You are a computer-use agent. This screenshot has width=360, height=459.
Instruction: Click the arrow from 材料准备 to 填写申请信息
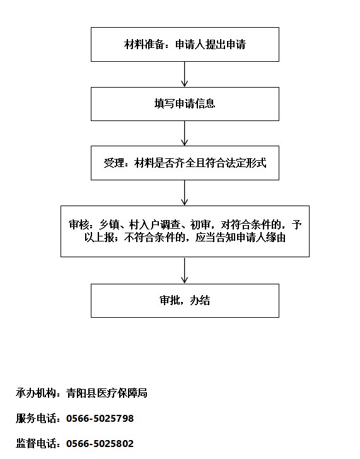pos(184,74)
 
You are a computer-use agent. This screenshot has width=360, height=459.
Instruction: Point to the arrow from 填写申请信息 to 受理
pos(184,134)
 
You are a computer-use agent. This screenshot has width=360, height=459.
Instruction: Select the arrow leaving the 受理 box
pos(184,193)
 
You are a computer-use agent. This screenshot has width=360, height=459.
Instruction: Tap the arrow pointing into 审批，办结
pos(184,270)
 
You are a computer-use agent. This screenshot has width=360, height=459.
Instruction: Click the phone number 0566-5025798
pos(100,418)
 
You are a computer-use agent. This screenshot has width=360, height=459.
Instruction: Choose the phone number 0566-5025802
pos(100,443)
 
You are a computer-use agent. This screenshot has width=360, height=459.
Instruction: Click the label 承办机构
pos(36,393)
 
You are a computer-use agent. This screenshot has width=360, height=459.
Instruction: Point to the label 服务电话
pos(36,418)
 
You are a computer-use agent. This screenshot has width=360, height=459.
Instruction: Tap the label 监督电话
pos(36,443)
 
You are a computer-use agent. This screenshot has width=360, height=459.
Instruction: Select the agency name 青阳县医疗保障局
pos(107,393)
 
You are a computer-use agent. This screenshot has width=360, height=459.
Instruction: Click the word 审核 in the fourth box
pos(79,224)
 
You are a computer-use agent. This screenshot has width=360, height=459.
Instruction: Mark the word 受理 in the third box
pos(113,163)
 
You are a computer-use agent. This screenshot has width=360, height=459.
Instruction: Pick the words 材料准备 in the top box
pos(144,45)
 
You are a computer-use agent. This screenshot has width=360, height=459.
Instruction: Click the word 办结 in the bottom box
pos(200,301)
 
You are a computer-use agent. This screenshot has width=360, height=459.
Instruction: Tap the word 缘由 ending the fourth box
pos(276,238)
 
